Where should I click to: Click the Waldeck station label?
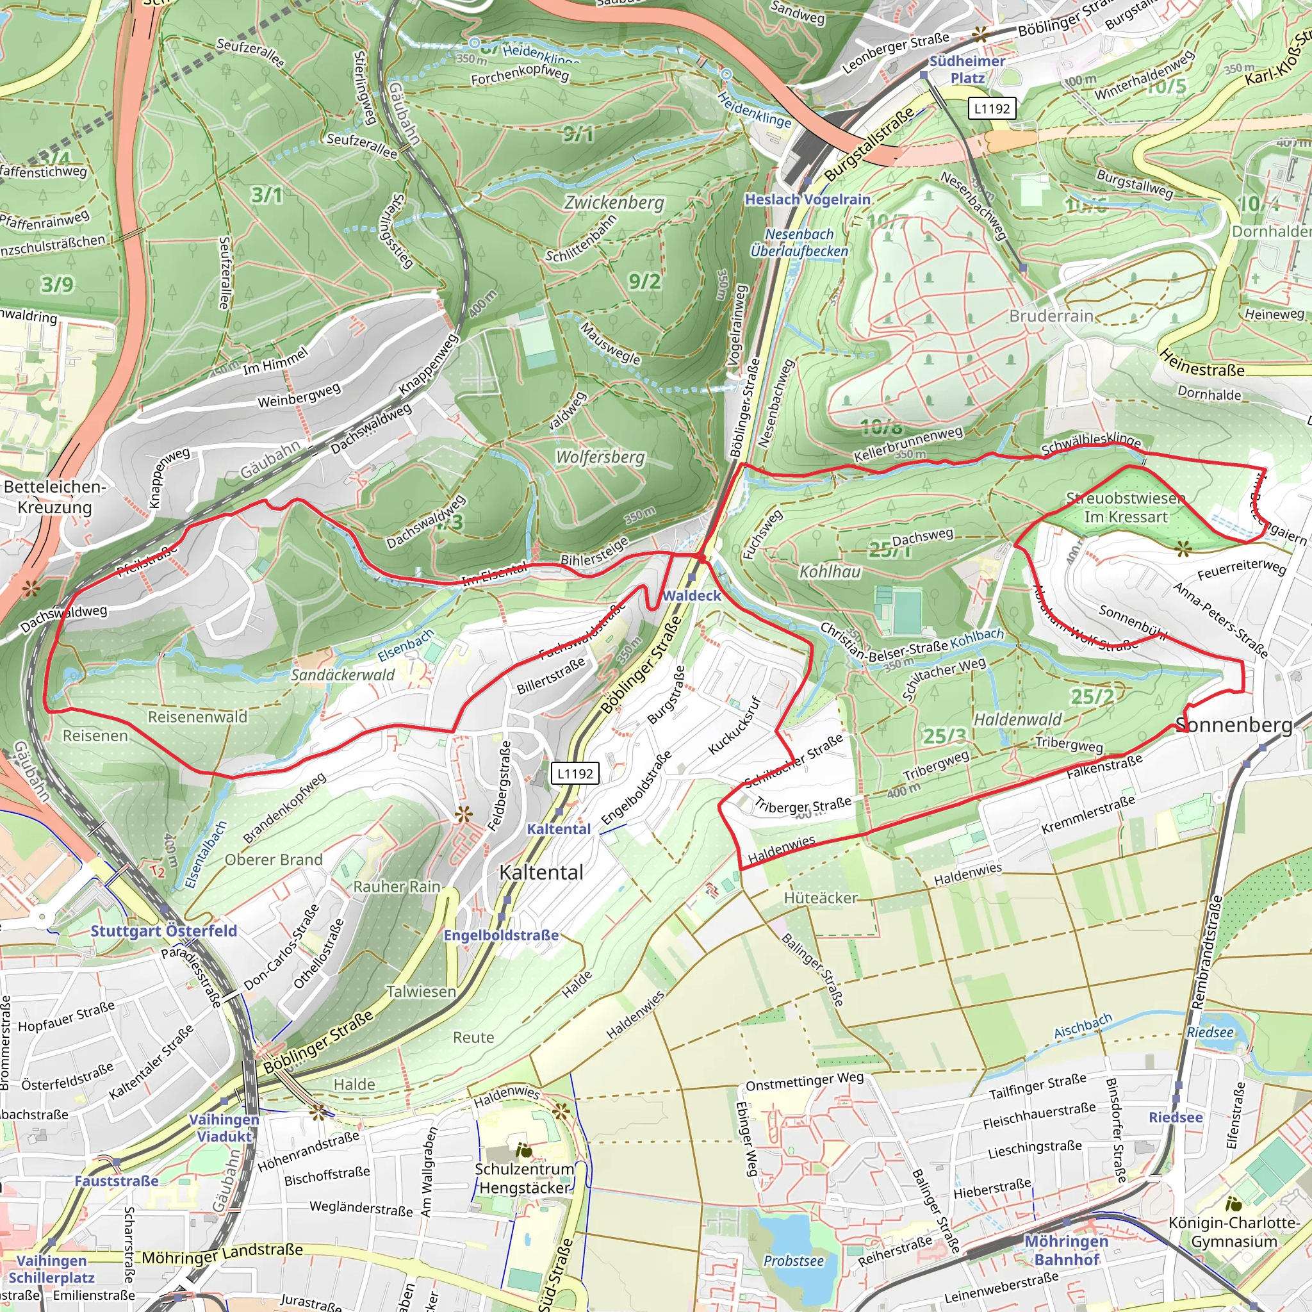(692, 596)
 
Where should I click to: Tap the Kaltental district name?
(541, 873)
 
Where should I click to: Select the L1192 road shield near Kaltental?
(575, 773)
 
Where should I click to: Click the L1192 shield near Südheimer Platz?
(992, 109)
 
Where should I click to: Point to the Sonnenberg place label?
(1234, 725)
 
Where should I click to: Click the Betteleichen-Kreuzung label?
(54, 497)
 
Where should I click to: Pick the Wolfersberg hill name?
(600, 457)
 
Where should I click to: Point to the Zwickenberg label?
(614, 202)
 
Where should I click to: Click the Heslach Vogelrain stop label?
(807, 200)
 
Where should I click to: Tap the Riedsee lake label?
(1209, 1033)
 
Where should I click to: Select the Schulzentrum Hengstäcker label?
(524, 1178)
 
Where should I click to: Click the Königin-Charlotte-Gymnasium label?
(1234, 1232)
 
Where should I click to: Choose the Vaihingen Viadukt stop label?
(224, 1127)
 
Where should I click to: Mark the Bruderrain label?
(1051, 316)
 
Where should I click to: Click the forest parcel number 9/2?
(644, 281)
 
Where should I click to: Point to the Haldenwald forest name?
(1017, 720)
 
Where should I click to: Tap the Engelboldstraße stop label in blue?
(501, 935)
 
